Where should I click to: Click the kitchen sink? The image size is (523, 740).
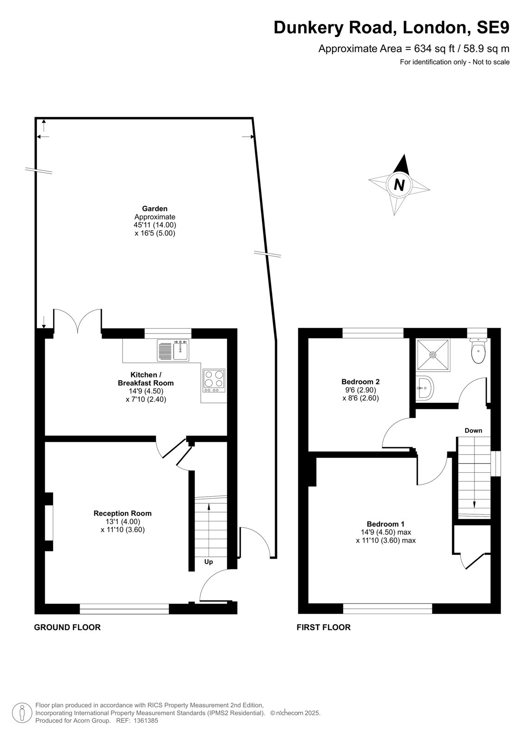173,350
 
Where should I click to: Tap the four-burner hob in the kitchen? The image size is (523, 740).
215,381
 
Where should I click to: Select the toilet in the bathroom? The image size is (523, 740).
478,351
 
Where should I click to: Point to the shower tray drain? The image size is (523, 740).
433,354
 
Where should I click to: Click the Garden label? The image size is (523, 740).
154,209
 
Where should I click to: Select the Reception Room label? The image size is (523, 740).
123,513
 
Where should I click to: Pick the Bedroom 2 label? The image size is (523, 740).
360,382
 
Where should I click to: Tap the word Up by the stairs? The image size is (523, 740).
209,561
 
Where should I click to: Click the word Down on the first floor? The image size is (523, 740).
473,431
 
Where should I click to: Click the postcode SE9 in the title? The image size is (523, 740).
492,27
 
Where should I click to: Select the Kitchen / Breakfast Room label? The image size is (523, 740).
146,379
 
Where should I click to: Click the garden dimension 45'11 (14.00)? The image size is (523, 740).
154,225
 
